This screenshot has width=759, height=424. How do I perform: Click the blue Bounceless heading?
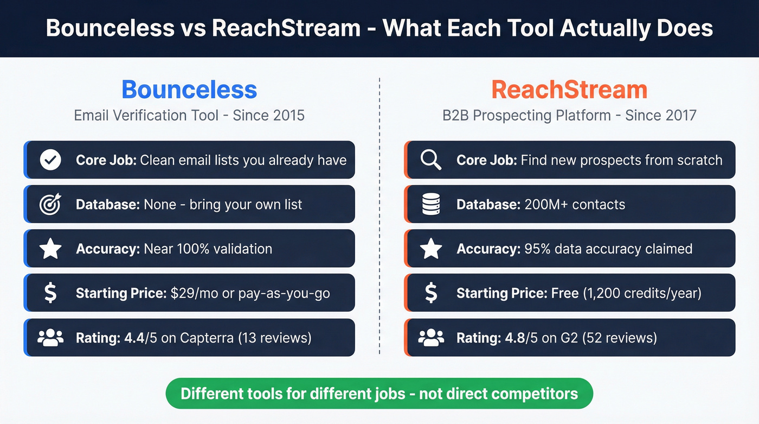tap(189, 90)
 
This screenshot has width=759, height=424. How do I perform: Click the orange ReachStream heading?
tap(569, 90)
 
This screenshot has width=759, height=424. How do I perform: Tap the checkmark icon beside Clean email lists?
tap(50, 160)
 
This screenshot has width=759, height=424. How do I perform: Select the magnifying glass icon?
tap(431, 160)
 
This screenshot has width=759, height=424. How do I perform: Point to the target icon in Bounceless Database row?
tap(50, 205)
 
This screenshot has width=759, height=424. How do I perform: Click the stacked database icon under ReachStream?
tap(431, 205)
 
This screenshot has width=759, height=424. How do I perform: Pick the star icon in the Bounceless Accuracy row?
tap(50, 249)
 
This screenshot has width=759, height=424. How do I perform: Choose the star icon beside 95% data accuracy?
tap(431, 249)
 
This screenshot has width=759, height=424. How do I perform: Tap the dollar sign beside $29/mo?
tap(50, 294)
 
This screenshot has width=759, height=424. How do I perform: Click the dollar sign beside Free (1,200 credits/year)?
tap(431, 294)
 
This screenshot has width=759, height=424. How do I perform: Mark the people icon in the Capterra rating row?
tap(50, 338)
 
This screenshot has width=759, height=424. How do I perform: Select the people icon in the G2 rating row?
tap(431, 338)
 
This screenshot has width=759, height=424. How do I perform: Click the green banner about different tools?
tap(379, 394)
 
